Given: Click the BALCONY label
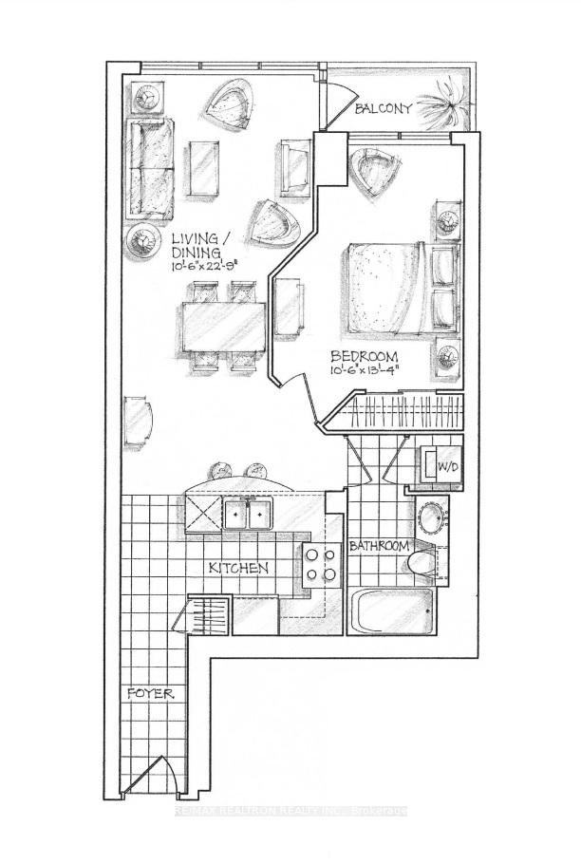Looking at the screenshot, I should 384,109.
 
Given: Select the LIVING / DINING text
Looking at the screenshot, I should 197,246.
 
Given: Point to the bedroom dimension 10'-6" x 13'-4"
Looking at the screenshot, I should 365,371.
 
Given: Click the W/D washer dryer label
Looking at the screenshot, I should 444,466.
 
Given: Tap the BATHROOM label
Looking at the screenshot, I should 379,546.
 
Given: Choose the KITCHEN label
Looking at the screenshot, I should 238,568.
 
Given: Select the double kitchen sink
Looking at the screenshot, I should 248,514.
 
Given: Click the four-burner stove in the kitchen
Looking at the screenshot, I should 319,564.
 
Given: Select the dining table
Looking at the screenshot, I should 221,326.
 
